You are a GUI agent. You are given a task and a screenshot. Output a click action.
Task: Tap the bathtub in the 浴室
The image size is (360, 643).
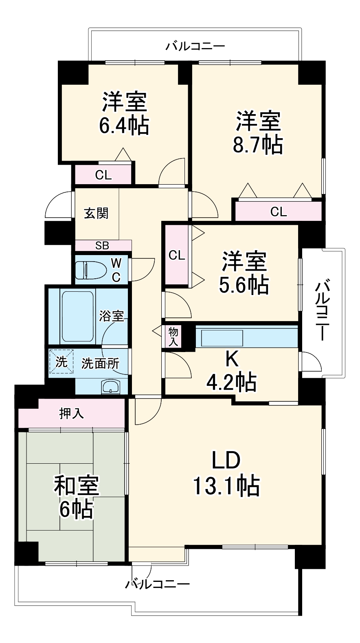click(x=77, y=317)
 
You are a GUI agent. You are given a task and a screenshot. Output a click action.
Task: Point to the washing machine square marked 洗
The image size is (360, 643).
click(x=61, y=361)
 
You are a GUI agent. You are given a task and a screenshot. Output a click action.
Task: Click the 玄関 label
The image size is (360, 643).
click(x=96, y=213)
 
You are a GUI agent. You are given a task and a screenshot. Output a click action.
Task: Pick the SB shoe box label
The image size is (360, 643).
click(x=102, y=246)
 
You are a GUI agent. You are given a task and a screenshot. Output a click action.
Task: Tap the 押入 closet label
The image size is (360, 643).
click(x=72, y=414)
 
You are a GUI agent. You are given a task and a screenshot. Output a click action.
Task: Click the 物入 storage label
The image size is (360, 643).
click(x=173, y=337)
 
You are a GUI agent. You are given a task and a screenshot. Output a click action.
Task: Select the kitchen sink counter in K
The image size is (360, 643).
click(x=220, y=338)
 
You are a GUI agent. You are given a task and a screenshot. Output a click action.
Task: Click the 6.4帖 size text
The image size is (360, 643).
click(x=124, y=126)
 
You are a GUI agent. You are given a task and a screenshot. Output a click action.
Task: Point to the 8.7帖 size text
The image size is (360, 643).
click(x=257, y=144)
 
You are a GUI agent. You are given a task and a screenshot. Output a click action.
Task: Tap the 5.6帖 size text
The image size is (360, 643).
click(x=244, y=285)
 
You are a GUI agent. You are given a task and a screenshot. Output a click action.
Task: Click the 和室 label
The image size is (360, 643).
click(x=77, y=485)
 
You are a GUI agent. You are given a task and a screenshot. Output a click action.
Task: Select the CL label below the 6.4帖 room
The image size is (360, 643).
click(x=103, y=175)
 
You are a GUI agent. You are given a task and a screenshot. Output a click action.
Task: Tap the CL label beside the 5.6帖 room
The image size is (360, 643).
click(x=177, y=255)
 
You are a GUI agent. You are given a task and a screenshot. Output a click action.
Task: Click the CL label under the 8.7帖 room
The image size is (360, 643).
click(x=279, y=211)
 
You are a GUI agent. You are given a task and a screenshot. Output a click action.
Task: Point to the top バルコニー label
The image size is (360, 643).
click(x=195, y=46)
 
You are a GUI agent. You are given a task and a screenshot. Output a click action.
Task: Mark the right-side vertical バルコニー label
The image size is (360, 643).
click(x=323, y=310)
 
